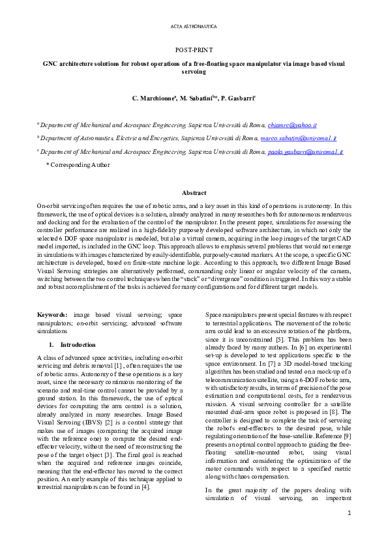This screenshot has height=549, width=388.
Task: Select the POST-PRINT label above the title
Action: [x=194, y=50]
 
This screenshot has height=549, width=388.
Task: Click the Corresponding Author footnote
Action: [x=78, y=166]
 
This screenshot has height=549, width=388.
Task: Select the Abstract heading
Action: [x=194, y=193]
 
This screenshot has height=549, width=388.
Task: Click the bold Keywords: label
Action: [x=53, y=314]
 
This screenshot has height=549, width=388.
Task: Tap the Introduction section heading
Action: [x=78, y=344]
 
